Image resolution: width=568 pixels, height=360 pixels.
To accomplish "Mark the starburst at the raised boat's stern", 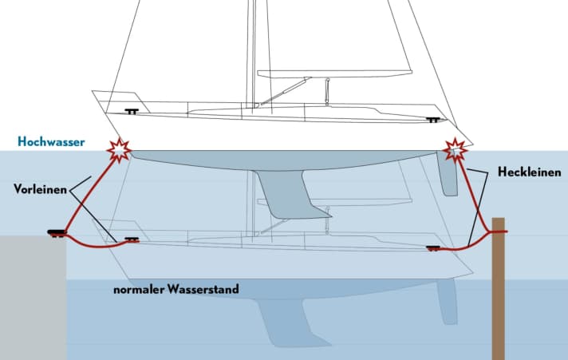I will [456, 149].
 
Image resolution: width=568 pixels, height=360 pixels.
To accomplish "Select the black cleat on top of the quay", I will [56, 233].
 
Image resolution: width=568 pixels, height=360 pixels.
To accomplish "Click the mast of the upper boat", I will [254, 48].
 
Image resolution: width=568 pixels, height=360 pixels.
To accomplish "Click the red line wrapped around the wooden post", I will [500, 231].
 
